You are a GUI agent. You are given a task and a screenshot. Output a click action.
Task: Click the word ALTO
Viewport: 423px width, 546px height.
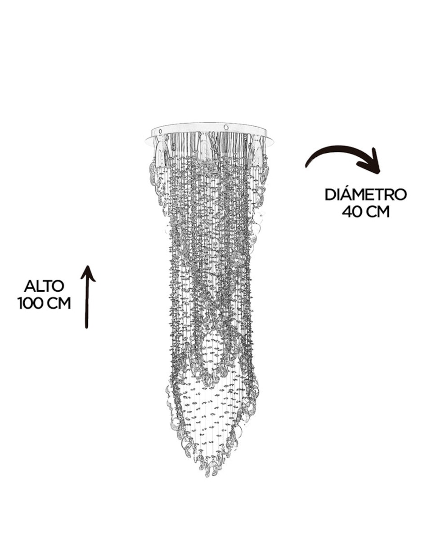click(44, 286)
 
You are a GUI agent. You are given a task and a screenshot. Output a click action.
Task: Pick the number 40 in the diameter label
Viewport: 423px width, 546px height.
click(351, 212)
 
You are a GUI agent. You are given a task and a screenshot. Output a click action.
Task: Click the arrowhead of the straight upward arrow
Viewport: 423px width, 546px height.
click(88, 273)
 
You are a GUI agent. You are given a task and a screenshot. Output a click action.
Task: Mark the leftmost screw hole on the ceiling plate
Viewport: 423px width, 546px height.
click(160, 131)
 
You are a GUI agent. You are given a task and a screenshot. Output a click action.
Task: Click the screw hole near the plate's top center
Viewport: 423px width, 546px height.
click(226, 126)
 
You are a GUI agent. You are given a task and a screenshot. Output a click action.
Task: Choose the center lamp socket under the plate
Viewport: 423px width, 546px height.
click(206, 147)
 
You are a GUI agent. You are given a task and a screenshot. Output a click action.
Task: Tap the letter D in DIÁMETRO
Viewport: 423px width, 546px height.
click(330, 195)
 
